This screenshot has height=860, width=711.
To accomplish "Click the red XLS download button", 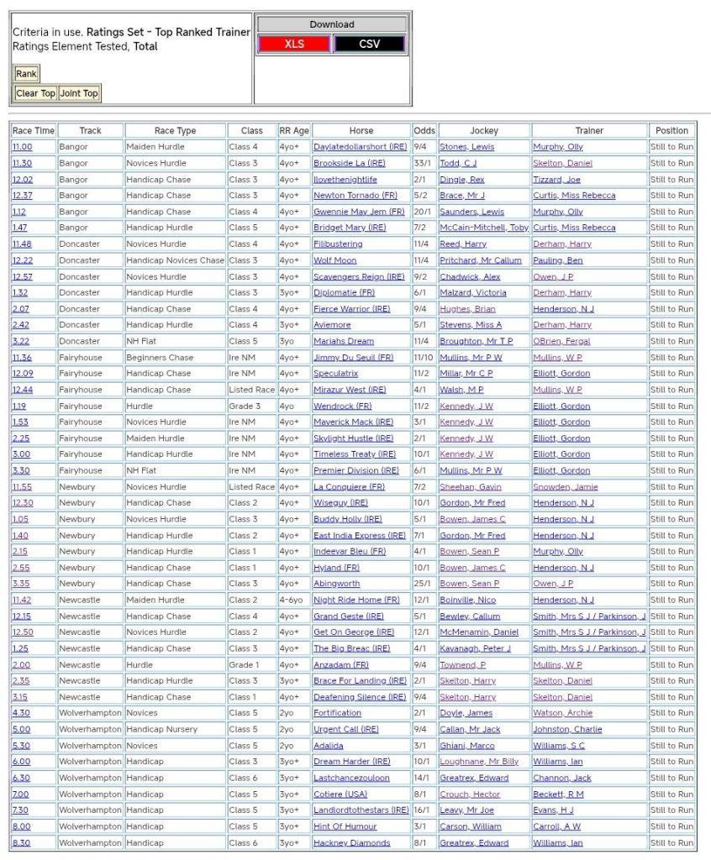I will (x=294, y=44).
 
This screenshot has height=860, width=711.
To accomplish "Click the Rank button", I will (x=26, y=74).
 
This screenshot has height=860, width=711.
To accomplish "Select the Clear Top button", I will (x=35, y=93).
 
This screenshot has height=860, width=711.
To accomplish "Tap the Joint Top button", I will (x=79, y=93).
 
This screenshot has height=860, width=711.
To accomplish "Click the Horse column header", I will (x=361, y=131).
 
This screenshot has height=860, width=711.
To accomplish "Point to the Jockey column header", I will (x=484, y=131).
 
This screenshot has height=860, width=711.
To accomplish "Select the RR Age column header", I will (x=294, y=131).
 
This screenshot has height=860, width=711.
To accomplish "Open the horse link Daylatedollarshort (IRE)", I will (x=360, y=147).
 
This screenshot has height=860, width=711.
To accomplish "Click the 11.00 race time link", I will (x=22, y=147).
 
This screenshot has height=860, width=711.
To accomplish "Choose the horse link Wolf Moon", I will (x=335, y=260).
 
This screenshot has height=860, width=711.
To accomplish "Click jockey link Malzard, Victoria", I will (x=473, y=293).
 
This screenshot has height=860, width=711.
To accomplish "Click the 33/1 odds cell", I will (x=424, y=164).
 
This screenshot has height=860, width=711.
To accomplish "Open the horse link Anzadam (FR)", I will (x=341, y=665).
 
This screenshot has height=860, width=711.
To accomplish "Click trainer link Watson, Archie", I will (x=562, y=714).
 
